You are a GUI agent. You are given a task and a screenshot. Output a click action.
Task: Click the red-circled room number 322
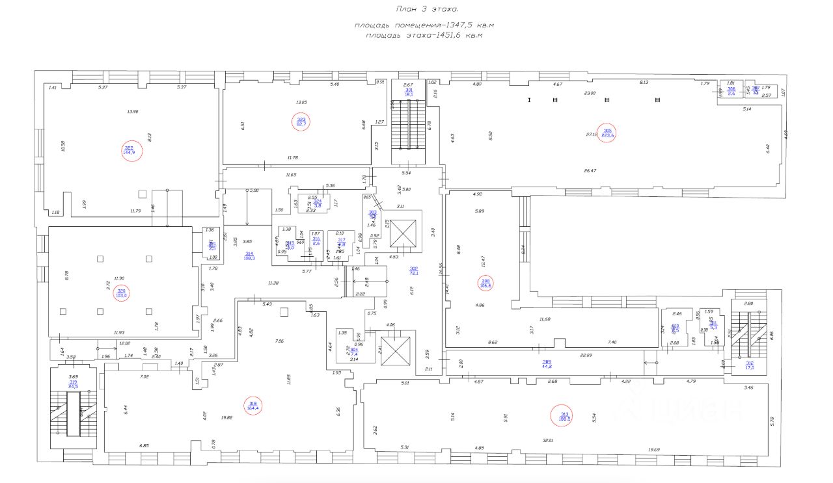pos(132,151)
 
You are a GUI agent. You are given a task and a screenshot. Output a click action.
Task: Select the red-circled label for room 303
pos(301,122)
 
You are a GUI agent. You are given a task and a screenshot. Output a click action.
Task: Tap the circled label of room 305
pos(608,133)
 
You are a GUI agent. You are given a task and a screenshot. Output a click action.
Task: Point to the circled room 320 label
pos(120,293)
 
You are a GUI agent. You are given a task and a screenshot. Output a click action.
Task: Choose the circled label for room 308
pos(485,283)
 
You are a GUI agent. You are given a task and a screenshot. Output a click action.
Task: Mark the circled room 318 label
pos(253,406)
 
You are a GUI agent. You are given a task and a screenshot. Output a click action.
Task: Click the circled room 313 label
pos(564,415)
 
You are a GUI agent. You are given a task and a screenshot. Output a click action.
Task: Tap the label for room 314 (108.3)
pos(249,255)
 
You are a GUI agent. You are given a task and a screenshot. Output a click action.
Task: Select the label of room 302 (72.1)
pos(413,270)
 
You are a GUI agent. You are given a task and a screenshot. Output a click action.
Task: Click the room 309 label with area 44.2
pos(547,363)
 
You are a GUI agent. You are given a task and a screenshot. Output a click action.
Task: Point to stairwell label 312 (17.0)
pos(750,365)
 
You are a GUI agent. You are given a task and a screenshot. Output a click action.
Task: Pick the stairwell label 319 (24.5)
pos(74,384)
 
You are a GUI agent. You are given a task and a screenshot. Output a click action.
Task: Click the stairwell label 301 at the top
pos(409,92)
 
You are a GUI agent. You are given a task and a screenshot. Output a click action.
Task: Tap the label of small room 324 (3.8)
pos(318,203)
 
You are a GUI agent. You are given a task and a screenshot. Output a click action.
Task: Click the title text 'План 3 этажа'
pos(426,9)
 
